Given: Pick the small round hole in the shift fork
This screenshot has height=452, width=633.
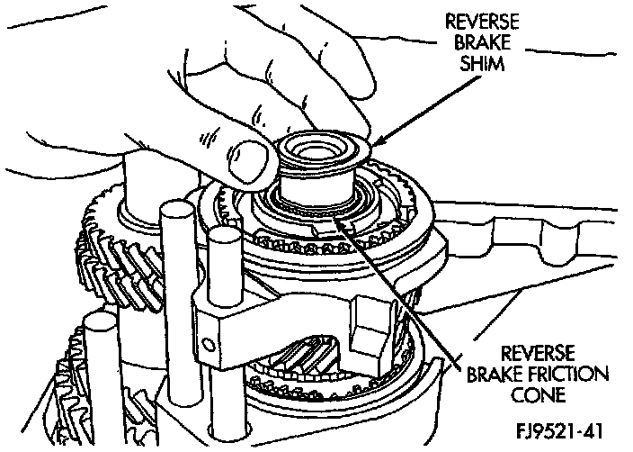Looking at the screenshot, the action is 209,342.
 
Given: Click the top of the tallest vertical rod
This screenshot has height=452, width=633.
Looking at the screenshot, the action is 174,214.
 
